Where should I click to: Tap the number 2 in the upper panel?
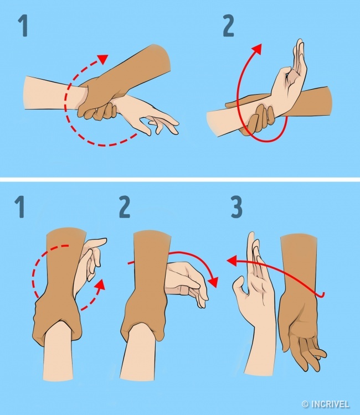point(228,25)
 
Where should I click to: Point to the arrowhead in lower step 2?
point(212,282)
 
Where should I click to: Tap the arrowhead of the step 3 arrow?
point(230,260)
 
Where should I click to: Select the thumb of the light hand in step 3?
point(240,288)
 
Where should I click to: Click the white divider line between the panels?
point(180,179)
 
